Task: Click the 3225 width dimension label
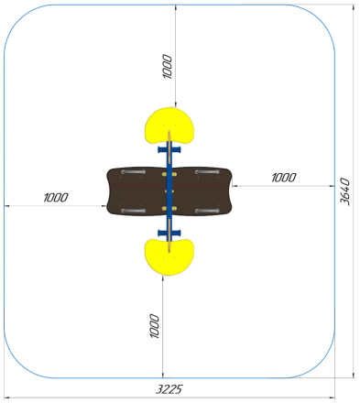169,389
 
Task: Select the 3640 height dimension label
345,191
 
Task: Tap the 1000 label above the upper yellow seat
168,67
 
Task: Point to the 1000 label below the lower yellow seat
155,326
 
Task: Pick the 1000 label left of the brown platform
56,198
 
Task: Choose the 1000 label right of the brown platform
284,178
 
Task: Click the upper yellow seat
169,125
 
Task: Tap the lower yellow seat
169,257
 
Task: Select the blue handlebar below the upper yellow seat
169,149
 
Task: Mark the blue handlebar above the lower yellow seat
169,234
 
